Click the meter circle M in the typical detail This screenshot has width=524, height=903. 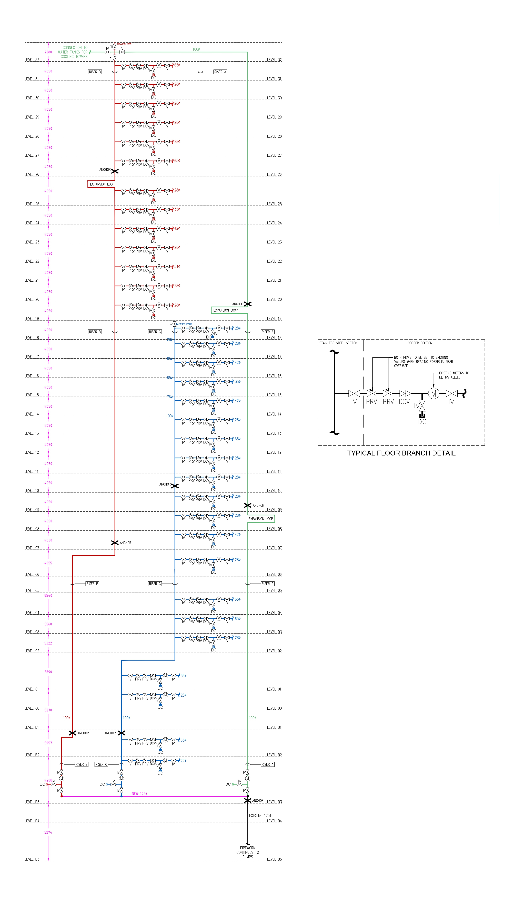(433, 394)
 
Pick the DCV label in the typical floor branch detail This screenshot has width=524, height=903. (404, 402)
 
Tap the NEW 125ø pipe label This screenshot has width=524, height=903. (139, 794)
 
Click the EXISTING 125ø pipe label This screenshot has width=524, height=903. (260, 816)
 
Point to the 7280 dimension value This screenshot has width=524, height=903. (48, 52)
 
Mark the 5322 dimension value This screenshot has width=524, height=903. (48, 643)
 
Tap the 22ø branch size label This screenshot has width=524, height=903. (183, 760)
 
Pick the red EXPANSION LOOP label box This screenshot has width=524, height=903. (102, 184)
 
